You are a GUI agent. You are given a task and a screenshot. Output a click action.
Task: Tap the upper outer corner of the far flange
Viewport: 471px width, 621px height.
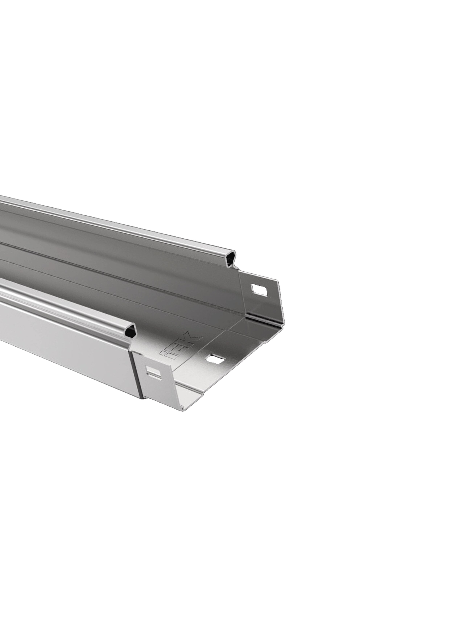[278, 281]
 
